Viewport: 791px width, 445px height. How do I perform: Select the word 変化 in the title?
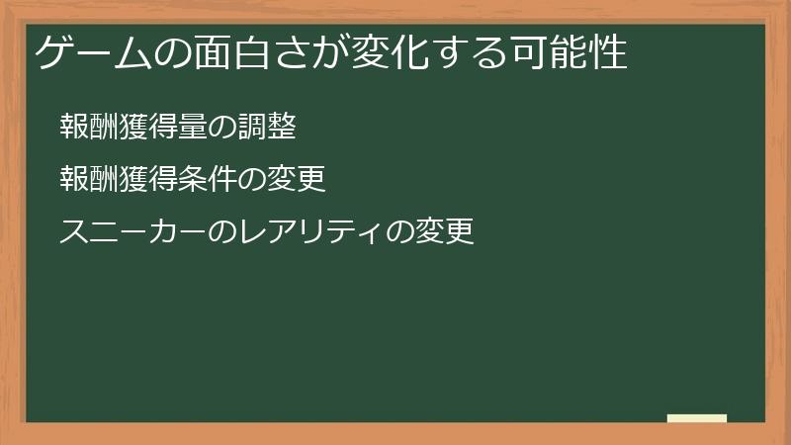(x=391, y=52)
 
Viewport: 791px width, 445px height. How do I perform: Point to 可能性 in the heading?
(x=570, y=52)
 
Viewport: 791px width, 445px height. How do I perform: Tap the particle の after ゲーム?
(x=173, y=53)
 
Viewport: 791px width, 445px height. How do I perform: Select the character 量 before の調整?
(x=193, y=127)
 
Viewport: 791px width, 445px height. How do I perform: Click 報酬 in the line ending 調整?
(x=89, y=127)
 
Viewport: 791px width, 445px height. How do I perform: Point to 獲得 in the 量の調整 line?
(x=148, y=127)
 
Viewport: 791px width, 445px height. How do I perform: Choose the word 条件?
(x=208, y=179)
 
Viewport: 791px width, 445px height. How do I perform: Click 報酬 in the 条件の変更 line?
(x=89, y=179)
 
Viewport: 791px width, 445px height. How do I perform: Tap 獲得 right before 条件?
(x=148, y=179)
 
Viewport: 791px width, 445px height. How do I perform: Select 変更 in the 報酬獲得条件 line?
(x=297, y=179)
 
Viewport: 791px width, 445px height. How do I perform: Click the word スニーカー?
(x=133, y=231)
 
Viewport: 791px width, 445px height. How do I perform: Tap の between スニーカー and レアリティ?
(x=222, y=232)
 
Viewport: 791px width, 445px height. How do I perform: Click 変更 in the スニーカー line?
(x=444, y=231)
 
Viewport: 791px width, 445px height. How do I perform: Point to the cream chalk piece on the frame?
(x=697, y=418)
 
